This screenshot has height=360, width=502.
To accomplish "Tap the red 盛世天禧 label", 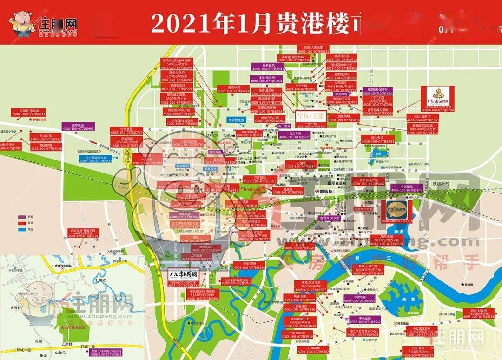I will pyautogui.click(x=380, y=140).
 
